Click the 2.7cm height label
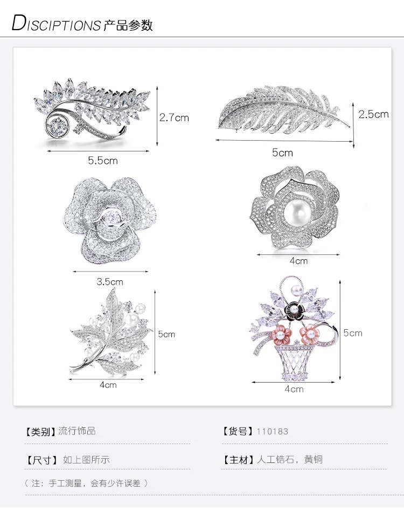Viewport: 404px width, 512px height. coord(174,117)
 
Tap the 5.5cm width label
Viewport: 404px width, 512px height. coord(103,160)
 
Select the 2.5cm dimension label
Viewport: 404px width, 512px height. coord(373,114)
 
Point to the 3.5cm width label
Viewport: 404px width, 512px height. coord(110,281)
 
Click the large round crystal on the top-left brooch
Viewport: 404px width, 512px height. coord(58,126)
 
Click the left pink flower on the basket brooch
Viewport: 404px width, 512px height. coord(280,334)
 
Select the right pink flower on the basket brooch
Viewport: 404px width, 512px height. coord(310,334)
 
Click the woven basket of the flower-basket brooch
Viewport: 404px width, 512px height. coord(292,361)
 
